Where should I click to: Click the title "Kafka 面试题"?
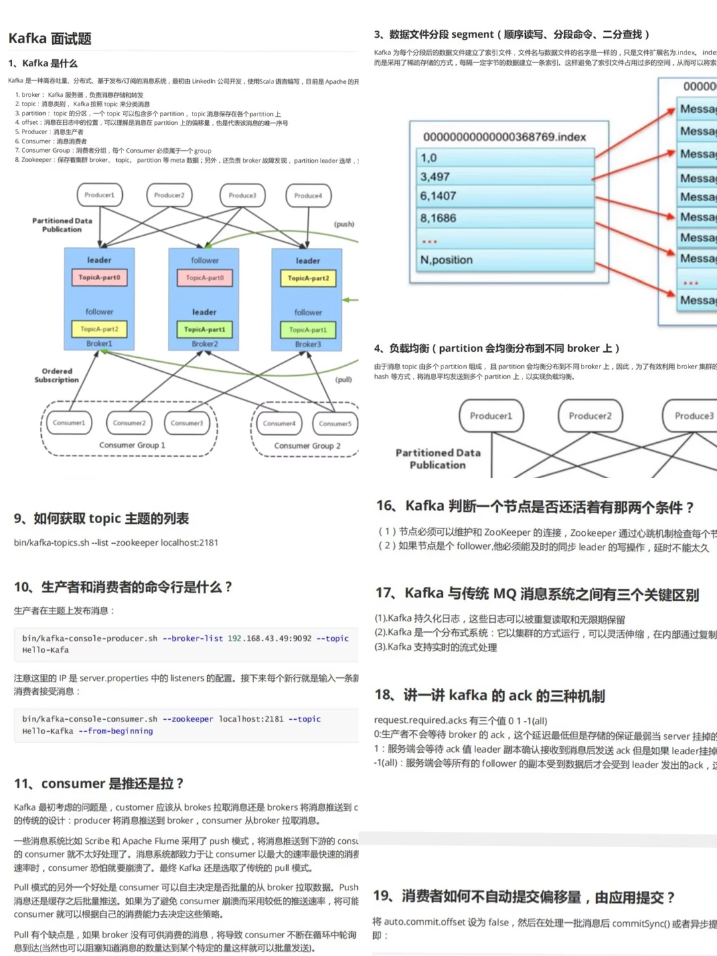click(x=50, y=39)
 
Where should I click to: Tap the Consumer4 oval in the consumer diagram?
click(x=279, y=424)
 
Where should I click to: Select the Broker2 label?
click(x=204, y=344)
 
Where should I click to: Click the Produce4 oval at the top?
click(x=308, y=196)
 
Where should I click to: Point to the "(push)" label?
click(x=344, y=224)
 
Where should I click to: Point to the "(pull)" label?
click(x=343, y=380)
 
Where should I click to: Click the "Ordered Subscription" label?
click(x=56, y=376)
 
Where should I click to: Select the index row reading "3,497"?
click(x=435, y=177)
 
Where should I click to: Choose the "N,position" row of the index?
click(x=446, y=260)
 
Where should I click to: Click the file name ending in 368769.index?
click(x=505, y=137)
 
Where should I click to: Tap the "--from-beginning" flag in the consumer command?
click(x=116, y=731)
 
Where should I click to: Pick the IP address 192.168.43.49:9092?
click(x=270, y=639)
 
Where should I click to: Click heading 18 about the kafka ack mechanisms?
click(x=489, y=696)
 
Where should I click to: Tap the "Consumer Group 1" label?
click(x=132, y=445)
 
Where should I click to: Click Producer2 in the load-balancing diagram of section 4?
click(x=590, y=416)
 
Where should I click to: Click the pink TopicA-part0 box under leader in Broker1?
click(x=99, y=278)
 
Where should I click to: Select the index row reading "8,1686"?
click(x=438, y=218)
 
